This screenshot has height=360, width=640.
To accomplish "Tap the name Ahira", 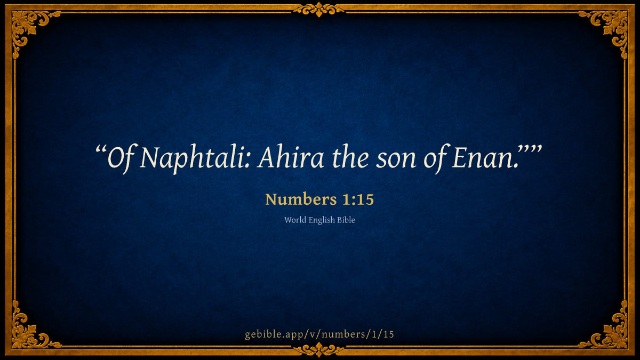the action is point(291,157).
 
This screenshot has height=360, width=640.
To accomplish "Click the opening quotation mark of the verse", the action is point(101,149).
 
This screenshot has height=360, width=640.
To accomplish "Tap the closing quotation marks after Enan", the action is point(530,149).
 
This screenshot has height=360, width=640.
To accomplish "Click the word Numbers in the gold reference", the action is point(301,199).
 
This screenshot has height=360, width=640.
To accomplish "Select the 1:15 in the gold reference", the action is point(358,199).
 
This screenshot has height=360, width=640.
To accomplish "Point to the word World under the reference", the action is point(295,220).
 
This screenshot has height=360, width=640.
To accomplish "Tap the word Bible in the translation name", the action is point(346,220).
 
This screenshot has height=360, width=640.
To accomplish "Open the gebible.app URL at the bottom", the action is point(319,334).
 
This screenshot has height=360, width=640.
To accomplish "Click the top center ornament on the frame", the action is point(319,9).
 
